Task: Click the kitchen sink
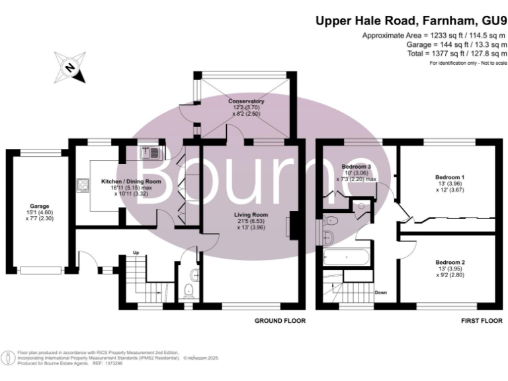point(150,153)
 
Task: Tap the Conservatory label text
point(246,101)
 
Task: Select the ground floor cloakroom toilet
point(190,286)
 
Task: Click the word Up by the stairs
point(136,253)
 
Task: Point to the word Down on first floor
point(380,292)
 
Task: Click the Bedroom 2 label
point(449,263)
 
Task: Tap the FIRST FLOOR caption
point(479,321)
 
